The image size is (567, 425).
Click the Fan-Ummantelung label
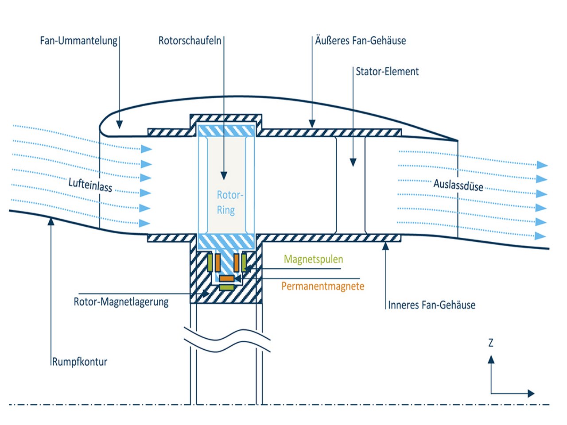point(78,41)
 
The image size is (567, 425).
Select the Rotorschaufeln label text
point(190,41)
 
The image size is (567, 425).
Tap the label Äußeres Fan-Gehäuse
point(361,41)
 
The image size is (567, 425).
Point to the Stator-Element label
point(387,72)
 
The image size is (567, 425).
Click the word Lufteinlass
point(90,184)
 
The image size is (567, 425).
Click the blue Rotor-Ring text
point(229,202)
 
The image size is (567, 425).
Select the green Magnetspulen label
point(313,259)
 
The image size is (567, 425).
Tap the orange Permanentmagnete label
point(322,286)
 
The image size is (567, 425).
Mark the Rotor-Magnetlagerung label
point(121,302)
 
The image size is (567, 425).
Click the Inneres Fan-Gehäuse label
point(431,305)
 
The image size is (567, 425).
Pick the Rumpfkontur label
point(80,362)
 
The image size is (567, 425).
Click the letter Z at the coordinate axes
point(491,343)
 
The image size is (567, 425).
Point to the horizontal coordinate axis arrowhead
point(531,393)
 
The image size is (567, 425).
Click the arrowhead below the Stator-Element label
point(353,162)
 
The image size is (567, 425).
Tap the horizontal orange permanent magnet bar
point(227,278)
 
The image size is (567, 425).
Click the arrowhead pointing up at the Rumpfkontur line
point(51,220)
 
